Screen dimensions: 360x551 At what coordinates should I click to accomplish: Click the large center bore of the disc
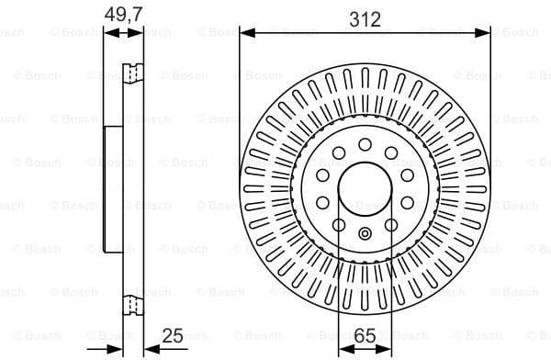365,190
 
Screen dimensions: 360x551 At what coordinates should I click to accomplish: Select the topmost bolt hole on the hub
365,144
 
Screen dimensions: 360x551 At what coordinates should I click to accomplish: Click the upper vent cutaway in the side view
134,71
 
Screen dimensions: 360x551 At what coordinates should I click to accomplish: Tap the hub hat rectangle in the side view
115,190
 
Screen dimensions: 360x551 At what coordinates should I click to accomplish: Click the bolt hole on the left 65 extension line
338,225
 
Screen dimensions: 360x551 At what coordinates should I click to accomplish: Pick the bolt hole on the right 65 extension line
391,225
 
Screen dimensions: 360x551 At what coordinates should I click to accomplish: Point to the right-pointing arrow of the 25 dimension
117,348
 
